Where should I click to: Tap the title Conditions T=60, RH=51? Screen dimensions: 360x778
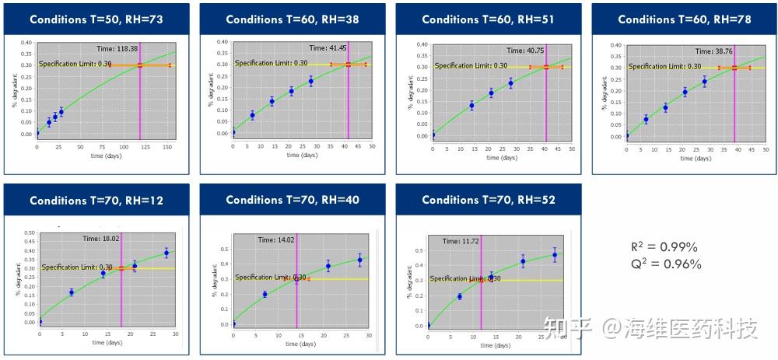tap(488, 19)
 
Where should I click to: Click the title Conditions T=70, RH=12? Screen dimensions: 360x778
tap(96, 201)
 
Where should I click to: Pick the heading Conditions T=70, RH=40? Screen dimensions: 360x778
tap(293, 201)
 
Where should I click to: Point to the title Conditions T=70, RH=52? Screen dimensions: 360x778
tap(489, 201)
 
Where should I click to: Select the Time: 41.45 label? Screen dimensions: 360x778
tap(328, 48)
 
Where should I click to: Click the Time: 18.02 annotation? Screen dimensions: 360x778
tap(102, 239)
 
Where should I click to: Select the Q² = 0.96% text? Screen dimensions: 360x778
tap(666, 264)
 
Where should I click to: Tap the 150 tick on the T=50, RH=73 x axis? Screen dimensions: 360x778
tap(166, 146)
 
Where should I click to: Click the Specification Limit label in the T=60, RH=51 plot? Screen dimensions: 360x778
tap(471, 66)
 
